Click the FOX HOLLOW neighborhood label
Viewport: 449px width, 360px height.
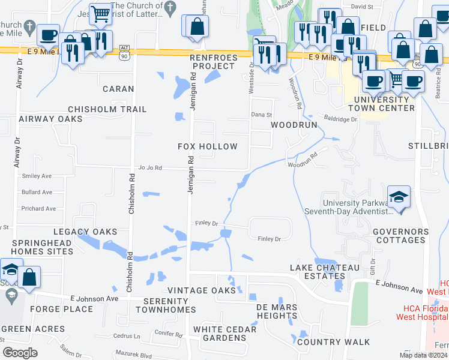click(208, 146)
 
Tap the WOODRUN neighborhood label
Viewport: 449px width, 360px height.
click(294, 125)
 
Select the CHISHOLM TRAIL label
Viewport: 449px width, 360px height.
click(107, 109)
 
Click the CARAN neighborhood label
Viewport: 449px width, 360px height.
click(118, 89)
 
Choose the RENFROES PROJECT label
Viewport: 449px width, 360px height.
click(212, 61)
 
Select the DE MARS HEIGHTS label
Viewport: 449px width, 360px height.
click(268, 311)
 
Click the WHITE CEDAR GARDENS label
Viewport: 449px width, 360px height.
click(224, 334)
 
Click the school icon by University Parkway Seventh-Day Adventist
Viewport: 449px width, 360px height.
click(399, 197)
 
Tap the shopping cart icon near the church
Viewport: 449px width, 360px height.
click(101, 13)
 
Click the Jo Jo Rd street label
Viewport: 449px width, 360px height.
click(150, 169)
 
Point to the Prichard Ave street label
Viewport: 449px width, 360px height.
click(38, 209)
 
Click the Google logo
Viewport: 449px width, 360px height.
click(20, 353)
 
